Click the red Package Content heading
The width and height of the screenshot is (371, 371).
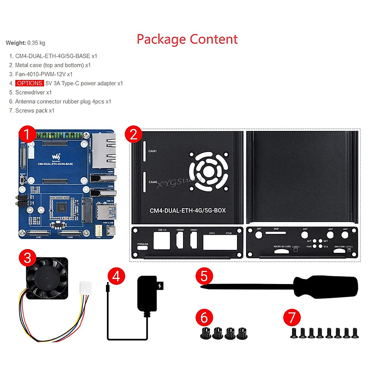click(x=187, y=40)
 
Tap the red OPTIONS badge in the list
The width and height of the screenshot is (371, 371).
click(x=30, y=83)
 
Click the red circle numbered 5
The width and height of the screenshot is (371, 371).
click(x=204, y=276)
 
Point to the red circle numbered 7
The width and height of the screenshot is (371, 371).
click(x=292, y=317)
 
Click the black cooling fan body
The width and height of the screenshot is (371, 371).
click(x=47, y=278)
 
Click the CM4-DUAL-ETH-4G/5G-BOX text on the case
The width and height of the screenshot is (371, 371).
click(x=188, y=211)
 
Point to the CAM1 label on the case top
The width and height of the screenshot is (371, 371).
click(x=152, y=151)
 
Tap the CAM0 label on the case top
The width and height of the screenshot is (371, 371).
click(x=153, y=182)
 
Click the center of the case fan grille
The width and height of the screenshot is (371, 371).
click(x=209, y=171)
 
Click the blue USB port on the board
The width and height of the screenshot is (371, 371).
click(x=106, y=212)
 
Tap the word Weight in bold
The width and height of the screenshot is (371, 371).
click(x=15, y=43)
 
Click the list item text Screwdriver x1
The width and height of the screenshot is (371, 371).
click(x=33, y=92)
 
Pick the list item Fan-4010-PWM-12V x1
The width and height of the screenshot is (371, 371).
click(x=44, y=74)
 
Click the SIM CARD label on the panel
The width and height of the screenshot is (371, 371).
click(x=339, y=247)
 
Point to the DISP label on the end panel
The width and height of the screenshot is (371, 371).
click(x=276, y=229)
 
